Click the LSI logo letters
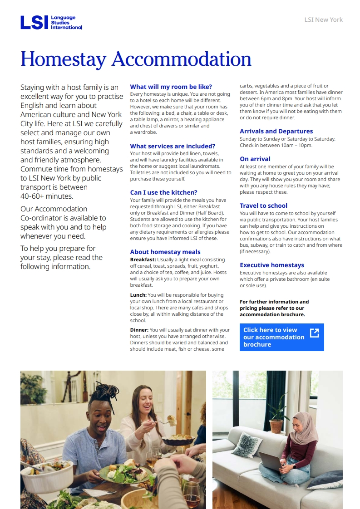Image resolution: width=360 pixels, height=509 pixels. point(35,23)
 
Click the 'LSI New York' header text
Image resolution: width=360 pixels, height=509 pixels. point(323,20)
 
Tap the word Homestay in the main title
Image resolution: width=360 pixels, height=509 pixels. point(63,59)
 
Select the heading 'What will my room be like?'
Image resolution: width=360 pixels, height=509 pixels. point(171,87)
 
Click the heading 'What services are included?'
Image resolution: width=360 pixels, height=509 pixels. point(173,146)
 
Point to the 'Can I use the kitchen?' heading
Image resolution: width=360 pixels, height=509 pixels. point(163,192)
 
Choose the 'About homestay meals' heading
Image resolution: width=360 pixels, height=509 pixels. point(165,252)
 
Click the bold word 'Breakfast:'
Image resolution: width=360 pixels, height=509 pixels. point(143,260)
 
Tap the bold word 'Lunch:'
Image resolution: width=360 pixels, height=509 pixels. point(138,295)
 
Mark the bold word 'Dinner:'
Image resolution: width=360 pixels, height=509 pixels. point(139,330)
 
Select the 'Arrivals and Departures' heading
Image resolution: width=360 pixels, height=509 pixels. point(276,131)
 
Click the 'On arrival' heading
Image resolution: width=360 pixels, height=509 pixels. point(255,159)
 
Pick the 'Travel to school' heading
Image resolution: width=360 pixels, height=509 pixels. point(263,206)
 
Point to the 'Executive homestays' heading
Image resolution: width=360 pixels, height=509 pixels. point(271,265)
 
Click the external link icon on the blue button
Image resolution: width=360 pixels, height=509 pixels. point(314,333)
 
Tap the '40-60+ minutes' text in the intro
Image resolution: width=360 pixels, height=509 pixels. point(46,196)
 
